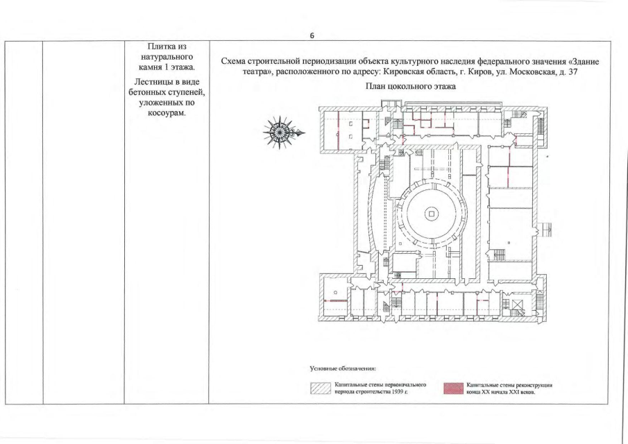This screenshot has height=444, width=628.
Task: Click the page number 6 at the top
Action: [x=312, y=35]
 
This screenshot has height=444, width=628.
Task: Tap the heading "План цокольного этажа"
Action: [x=411, y=87]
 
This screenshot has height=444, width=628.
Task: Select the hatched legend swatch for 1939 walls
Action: [x=321, y=388]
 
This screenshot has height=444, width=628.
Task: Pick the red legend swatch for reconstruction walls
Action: [x=453, y=388]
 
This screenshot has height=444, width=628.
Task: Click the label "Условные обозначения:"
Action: [x=342, y=368]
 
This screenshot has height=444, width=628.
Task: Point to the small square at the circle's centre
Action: [x=432, y=214]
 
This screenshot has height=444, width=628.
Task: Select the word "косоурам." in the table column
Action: [x=167, y=113]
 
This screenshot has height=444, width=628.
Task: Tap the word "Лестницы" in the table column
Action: [x=151, y=82]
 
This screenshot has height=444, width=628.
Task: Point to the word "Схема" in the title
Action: [x=233, y=62]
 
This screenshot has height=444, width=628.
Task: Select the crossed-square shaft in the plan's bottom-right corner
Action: [x=518, y=307]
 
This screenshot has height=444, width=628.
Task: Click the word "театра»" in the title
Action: [x=255, y=72]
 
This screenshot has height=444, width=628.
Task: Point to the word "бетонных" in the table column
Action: [x=146, y=92]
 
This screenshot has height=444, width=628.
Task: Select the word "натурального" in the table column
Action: [x=167, y=58]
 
